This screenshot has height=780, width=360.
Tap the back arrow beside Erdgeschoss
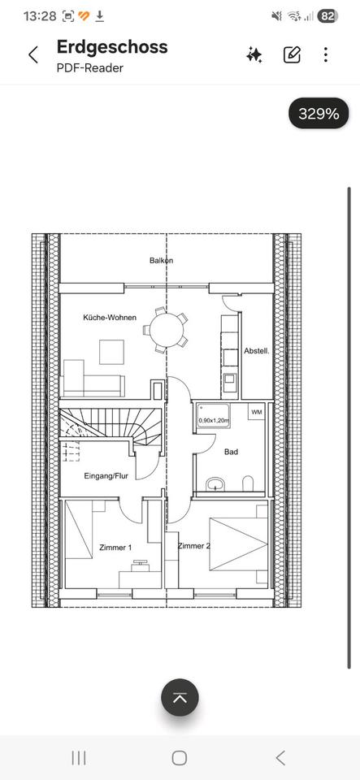click(33, 54)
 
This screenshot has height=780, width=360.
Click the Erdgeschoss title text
click(112, 47)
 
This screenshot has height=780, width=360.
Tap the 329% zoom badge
click(319, 114)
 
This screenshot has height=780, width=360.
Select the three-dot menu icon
click(326, 54)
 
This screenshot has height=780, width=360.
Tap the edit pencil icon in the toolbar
click(292, 54)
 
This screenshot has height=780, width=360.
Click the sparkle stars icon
click(254, 54)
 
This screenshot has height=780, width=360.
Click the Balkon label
click(162, 260)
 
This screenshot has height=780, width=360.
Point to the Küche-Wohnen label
click(110, 317)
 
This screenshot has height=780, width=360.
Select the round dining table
click(167, 330)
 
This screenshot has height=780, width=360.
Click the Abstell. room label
click(257, 351)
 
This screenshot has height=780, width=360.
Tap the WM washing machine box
click(256, 412)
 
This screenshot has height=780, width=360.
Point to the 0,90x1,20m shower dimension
click(214, 421)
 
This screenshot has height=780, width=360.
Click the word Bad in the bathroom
click(231, 452)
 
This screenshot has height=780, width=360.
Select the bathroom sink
click(215, 484)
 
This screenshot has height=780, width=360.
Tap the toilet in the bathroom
click(248, 483)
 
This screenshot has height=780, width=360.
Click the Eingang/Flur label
click(106, 476)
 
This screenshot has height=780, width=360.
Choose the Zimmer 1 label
click(115, 548)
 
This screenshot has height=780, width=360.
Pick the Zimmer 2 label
click(194, 546)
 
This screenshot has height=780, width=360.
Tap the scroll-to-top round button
click(180, 697)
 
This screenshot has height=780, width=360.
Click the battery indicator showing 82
click(327, 16)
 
